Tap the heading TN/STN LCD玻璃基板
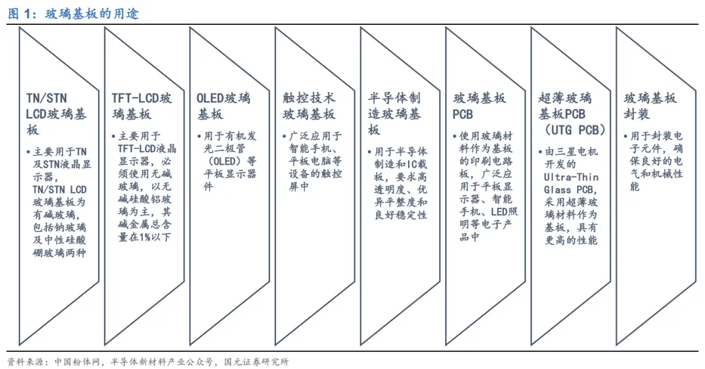[x=56, y=114]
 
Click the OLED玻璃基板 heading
[x=223, y=106]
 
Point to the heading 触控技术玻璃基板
[x=309, y=106]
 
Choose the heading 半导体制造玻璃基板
[x=394, y=114]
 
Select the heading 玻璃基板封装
[x=650, y=106]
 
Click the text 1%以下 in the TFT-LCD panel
[x=154, y=237]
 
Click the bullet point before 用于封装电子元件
[x=627, y=136]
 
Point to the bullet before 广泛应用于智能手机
[x=285, y=136]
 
